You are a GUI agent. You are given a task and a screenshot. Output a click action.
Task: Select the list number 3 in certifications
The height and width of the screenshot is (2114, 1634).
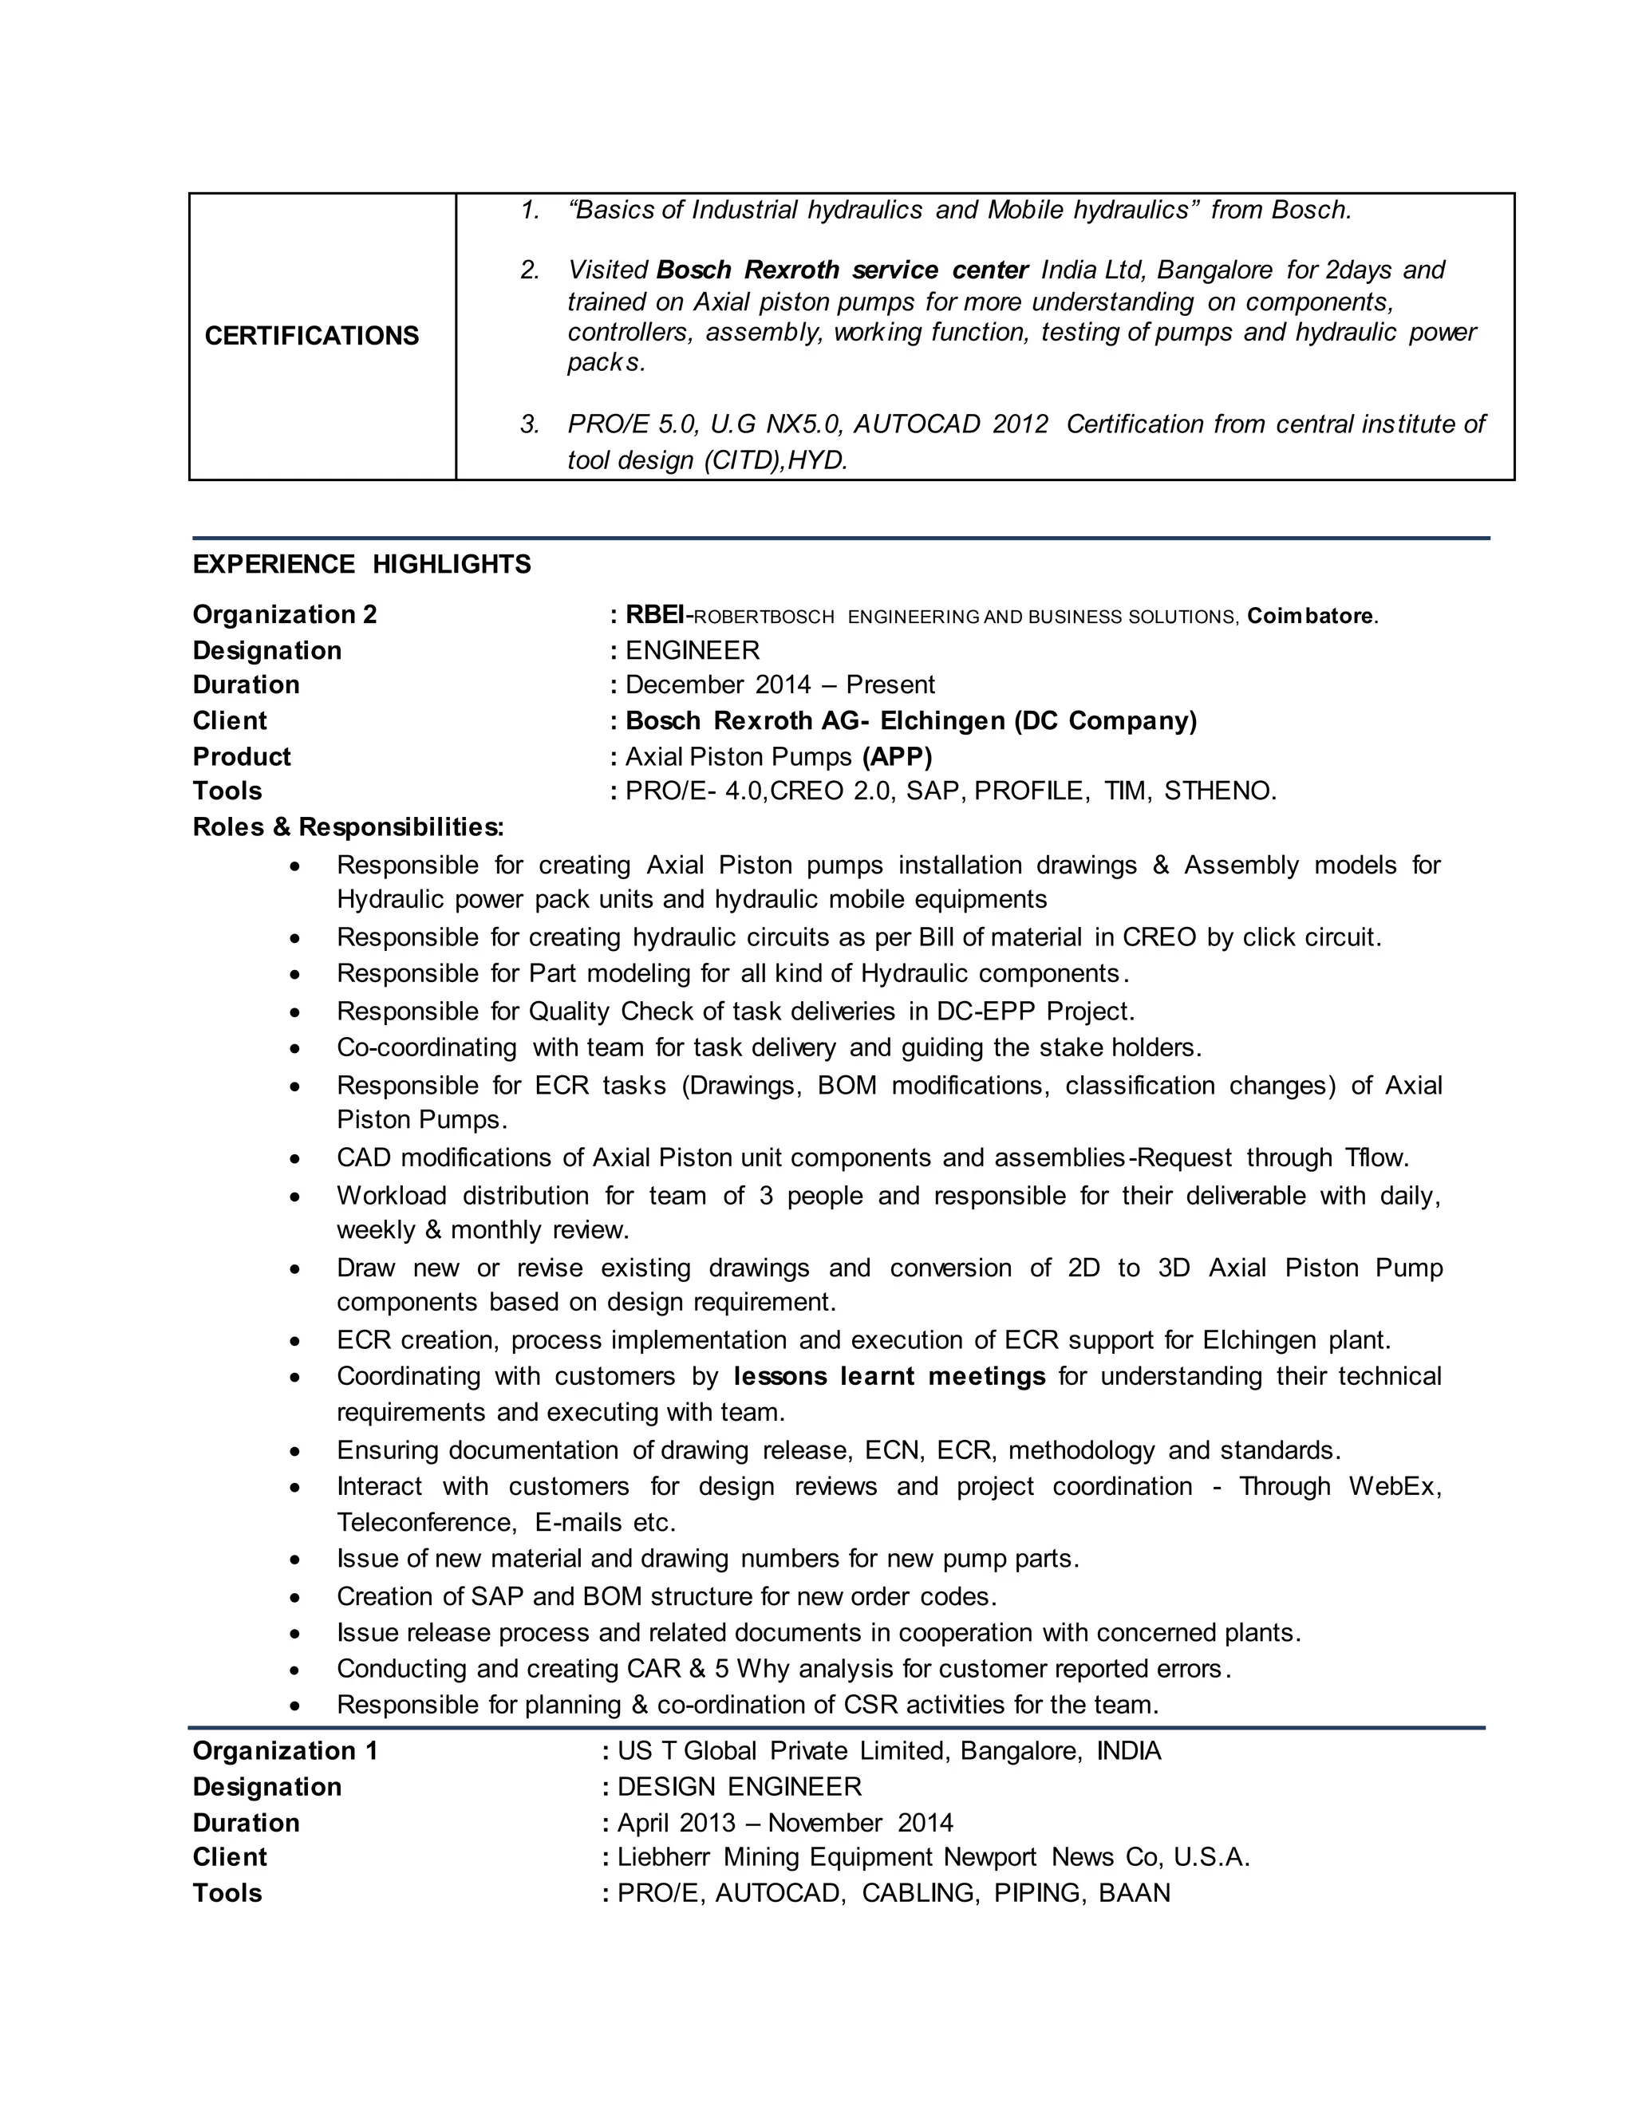[528, 424]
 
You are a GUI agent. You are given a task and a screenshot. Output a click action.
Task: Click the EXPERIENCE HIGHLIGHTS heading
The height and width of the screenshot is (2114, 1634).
[361, 564]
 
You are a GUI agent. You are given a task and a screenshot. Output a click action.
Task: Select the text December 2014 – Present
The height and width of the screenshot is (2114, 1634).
[780, 685]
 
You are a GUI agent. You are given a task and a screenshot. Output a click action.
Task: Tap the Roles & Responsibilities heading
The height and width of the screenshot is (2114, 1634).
[348, 826]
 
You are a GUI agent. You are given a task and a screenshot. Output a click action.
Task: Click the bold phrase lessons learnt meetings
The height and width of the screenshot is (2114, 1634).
[889, 1375]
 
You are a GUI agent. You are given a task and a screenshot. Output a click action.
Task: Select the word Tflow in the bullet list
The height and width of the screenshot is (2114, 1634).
[1374, 1158]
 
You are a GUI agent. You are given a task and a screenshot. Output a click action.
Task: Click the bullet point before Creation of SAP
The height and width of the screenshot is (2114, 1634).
[296, 1597]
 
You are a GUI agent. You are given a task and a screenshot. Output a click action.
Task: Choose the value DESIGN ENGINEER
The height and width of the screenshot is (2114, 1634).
[739, 1786]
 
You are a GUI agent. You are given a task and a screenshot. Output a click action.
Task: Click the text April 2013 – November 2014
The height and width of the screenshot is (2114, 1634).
[784, 1823]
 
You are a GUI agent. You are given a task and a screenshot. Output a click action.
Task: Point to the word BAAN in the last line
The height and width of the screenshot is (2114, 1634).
[1134, 1892]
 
